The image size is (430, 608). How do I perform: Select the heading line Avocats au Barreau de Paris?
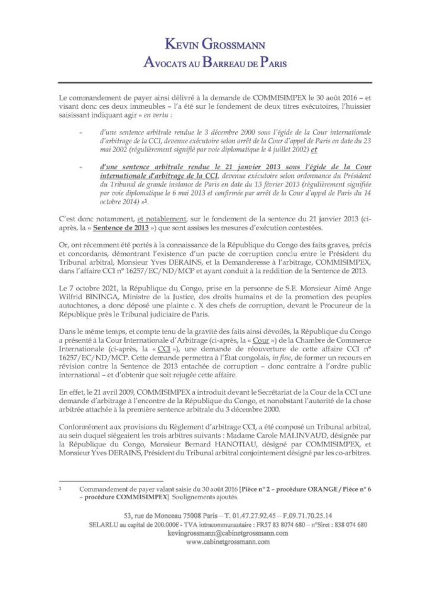pos(215,62)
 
